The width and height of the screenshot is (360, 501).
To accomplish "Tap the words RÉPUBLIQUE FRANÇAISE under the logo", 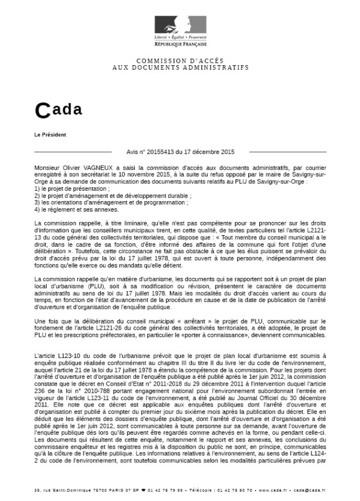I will click(180, 44).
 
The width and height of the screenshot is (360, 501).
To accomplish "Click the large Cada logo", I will click(59, 110).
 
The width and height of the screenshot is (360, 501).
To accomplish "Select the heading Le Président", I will click(51, 135).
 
